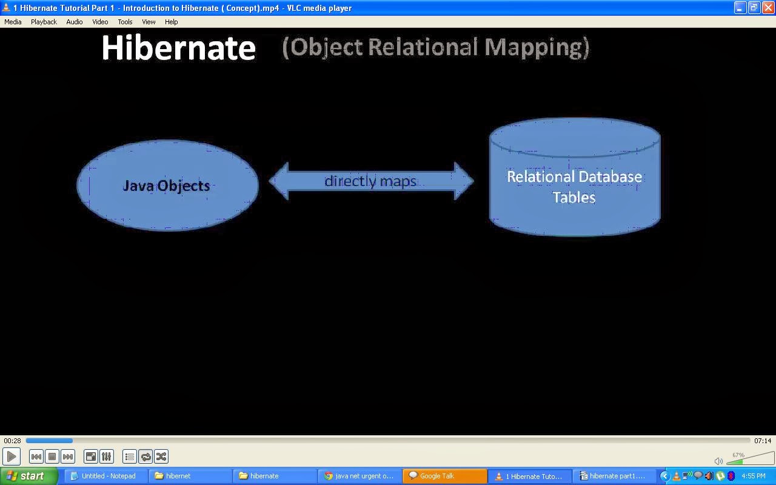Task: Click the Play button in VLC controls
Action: coord(12,457)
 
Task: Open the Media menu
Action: coord(13,22)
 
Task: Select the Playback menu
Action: coord(44,22)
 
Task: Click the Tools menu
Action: coord(125,22)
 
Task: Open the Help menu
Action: coord(171,22)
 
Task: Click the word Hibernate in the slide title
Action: coord(179,48)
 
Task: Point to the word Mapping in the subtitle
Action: coord(537,47)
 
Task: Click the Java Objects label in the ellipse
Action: coord(166,186)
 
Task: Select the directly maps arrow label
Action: coord(370,181)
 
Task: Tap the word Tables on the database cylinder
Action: coord(574,198)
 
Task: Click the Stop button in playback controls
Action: coord(52,457)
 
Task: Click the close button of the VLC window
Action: coord(768,8)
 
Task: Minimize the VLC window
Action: coord(740,8)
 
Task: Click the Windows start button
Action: coord(29,476)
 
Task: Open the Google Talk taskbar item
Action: coord(445,476)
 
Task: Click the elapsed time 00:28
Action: coord(13,441)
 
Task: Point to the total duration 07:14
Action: coord(763,441)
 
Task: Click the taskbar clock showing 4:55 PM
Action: coord(754,476)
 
